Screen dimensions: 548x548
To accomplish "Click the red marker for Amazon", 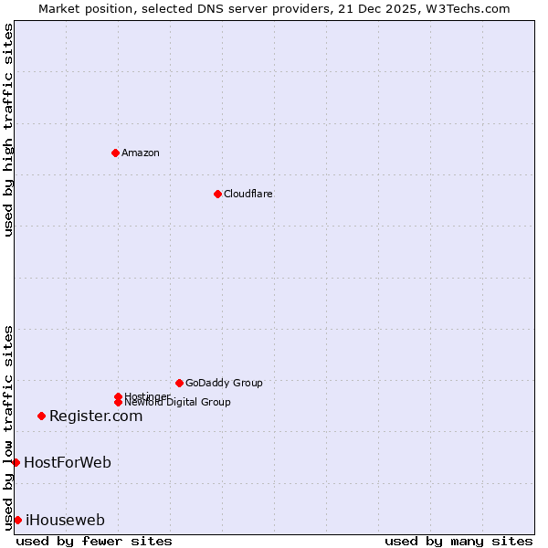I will coord(115,153).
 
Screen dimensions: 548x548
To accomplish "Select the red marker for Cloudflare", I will coord(217,194).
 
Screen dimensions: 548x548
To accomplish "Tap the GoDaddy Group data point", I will coord(179,383).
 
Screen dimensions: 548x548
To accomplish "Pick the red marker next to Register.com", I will coord(41,416).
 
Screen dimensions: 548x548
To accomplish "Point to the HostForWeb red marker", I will coord(16,462).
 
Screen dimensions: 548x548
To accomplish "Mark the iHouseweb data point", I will coord(17,520).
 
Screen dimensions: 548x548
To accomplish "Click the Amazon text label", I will coord(141,153).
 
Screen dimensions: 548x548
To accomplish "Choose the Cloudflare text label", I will coord(248,194).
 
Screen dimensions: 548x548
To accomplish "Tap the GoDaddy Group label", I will coord(224,383).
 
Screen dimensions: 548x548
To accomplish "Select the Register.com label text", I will coord(96,416).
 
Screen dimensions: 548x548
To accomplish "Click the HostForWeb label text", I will coord(68,462).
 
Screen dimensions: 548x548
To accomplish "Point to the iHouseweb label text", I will coord(65,520).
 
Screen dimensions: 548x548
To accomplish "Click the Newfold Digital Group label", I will coord(178,403).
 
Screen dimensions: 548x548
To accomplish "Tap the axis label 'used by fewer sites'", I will coord(94,541).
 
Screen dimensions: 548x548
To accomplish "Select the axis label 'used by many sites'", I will coord(458,541).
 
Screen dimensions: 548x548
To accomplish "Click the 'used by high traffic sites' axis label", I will coord(8,130).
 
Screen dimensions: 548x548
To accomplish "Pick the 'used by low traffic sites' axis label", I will coord(8,427).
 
